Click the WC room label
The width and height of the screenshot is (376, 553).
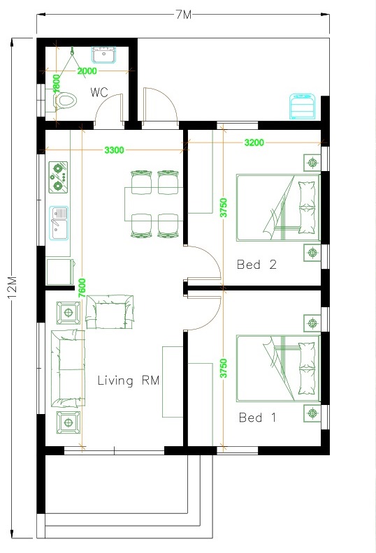point(99,92)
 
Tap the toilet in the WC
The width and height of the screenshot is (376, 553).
point(64,101)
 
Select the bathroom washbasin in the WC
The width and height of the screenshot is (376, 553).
point(104,54)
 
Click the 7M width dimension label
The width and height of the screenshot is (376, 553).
point(184,15)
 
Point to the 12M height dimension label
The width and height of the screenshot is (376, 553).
point(13,288)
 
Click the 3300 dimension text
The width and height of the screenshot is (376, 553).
point(114,150)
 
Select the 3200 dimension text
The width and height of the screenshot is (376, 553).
point(254,142)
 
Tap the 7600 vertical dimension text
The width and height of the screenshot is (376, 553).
point(82,288)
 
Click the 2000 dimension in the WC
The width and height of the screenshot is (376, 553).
point(87,71)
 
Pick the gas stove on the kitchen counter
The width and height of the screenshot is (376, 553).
point(58,177)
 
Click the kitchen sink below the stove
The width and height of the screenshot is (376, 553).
point(59,223)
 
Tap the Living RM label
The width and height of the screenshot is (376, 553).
point(129,381)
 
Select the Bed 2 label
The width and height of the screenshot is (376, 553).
point(256,264)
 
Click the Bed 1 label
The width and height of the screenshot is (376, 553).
point(257,418)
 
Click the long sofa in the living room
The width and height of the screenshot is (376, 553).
point(68,368)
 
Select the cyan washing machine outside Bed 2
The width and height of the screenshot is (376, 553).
point(302,106)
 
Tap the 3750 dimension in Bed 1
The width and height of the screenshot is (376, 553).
point(224,369)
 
